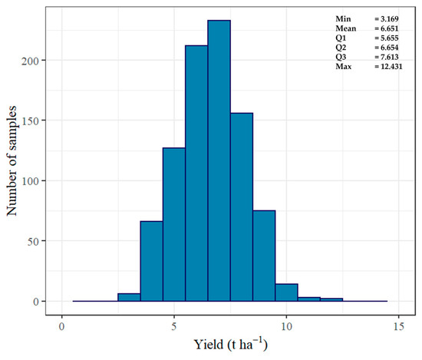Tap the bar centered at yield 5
pos(174,200)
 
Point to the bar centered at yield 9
pos(264,256)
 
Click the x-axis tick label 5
pos(174,324)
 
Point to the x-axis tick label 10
pos(286,324)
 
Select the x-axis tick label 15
pos(398,324)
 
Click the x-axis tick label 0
pos(62,324)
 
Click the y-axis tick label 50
pos(38,241)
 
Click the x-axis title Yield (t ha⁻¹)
pos(230,345)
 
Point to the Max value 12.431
pos(388,67)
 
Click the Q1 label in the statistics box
pos(341,37)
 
